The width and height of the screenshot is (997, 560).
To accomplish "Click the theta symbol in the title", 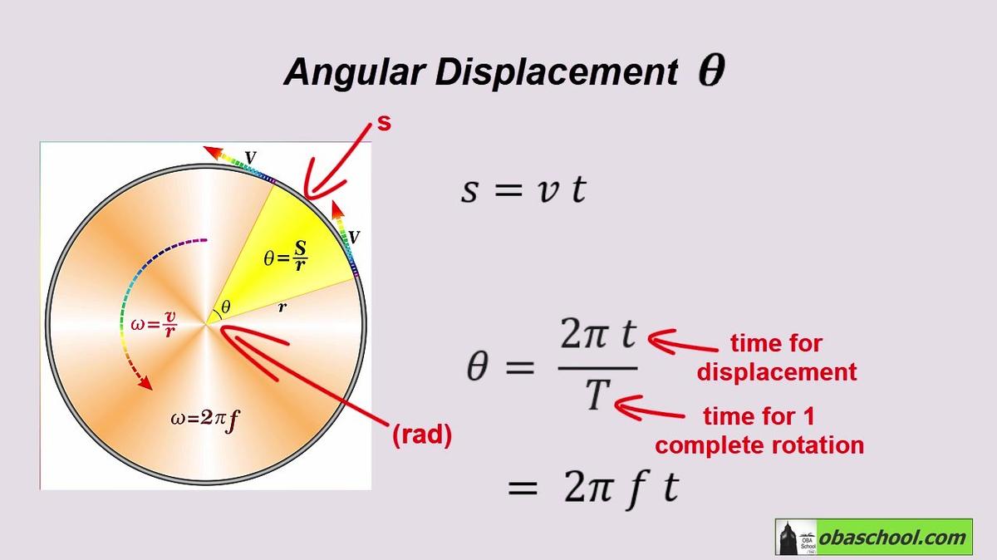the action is pyautogui.click(x=711, y=71).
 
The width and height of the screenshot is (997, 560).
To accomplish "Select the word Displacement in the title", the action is pyautogui.click(x=557, y=72).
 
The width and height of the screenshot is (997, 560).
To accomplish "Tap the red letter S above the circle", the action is pyautogui.click(x=384, y=123).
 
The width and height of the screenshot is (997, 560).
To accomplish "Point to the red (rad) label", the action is pyautogui.click(x=422, y=435).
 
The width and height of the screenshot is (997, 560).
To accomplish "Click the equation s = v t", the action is pyautogui.click(x=523, y=189).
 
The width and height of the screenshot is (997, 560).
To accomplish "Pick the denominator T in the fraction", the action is pyautogui.click(x=597, y=395).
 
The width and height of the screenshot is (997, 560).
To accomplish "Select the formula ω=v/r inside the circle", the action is pyautogui.click(x=154, y=324).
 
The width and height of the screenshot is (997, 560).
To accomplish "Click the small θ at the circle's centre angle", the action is pyautogui.click(x=226, y=307).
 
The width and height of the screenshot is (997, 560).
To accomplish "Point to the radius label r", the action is pyautogui.click(x=282, y=307).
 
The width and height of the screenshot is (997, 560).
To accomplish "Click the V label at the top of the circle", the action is pyautogui.click(x=251, y=158).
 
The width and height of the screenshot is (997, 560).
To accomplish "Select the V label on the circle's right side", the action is pyautogui.click(x=354, y=238).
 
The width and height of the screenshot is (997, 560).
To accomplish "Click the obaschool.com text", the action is pyautogui.click(x=892, y=538).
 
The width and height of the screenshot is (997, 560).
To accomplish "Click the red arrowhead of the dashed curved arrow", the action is pyautogui.click(x=145, y=383).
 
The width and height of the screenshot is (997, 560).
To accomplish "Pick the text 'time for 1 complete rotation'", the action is pyautogui.click(x=759, y=431).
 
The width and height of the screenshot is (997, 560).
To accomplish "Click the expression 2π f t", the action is pyautogui.click(x=621, y=488).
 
